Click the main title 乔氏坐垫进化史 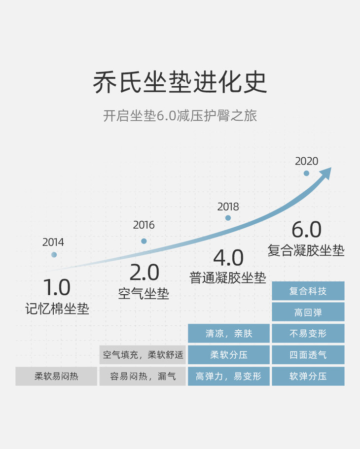pos(180,82)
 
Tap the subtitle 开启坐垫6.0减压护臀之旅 pos(180,116)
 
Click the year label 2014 pos(53,242)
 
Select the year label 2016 pos(144,225)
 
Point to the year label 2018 pos(228,207)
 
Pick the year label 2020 pos(306,161)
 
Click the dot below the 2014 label pos(54,255)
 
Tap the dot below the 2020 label pos(306,173)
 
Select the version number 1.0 pos(57,287)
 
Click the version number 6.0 pos(306,230)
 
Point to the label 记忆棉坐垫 pos(57,309)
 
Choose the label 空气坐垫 pos(144,294)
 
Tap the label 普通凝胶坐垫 pos(228,277)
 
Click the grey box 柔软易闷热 pos(56,377)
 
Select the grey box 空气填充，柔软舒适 pos(143,354)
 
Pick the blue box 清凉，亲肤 pos(229,333)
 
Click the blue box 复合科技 pos(308,291)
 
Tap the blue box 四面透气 pos(308,355)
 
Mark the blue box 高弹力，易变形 pos(229,377)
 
